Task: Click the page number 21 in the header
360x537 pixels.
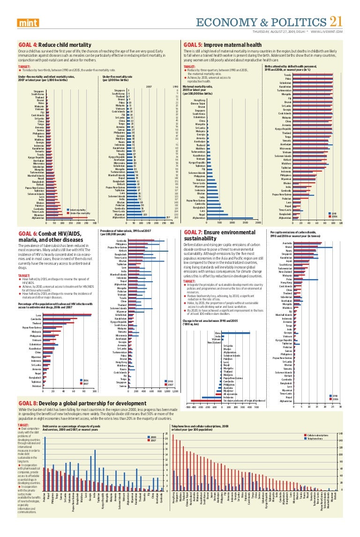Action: [337, 22]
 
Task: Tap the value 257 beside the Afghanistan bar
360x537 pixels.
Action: [168, 217]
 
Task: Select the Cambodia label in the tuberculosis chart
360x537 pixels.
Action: [121, 240]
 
